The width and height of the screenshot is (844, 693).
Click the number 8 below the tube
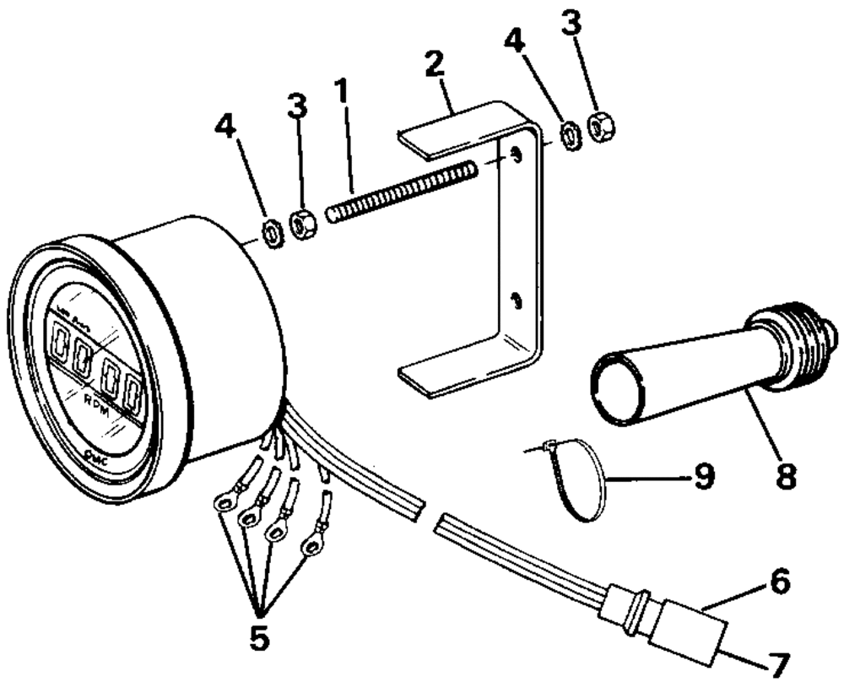(x=784, y=476)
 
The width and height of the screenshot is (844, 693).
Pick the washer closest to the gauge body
(x=273, y=234)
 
